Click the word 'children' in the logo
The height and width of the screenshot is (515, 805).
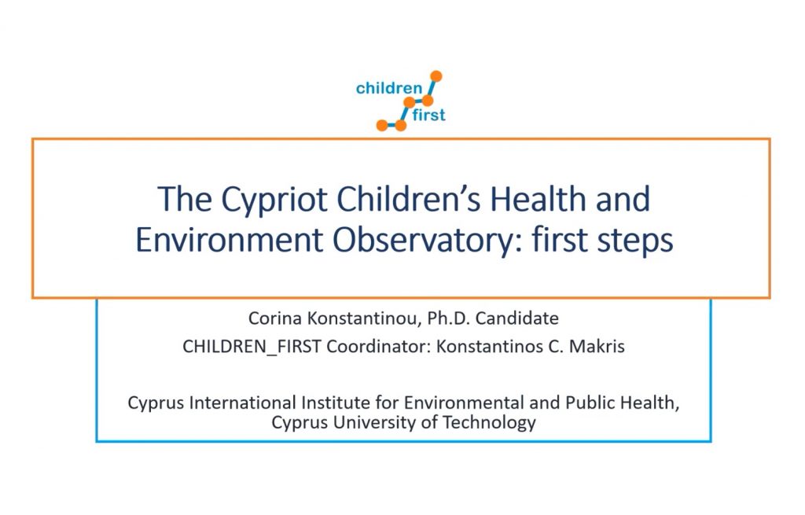tap(388, 88)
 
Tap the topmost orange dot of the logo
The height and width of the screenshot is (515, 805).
tap(436, 76)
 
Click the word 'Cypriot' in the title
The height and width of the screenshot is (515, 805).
tap(274, 200)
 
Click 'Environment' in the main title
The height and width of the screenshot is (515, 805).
tap(230, 241)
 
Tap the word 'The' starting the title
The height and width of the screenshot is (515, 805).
tap(184, 199)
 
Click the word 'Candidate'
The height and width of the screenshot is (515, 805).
tap(517, 318)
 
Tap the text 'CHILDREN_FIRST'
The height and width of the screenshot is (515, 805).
tap(252, 347)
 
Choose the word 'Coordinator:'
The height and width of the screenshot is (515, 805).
tap(379, 347)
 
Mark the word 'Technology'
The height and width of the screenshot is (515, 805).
tap(489, 423)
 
